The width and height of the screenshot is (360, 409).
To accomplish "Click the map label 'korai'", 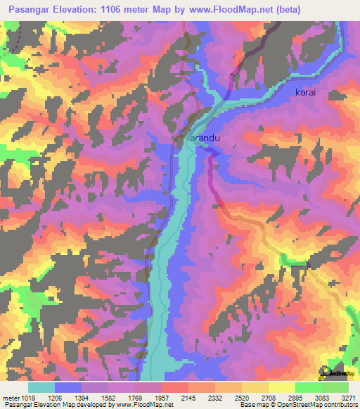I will point(307,92).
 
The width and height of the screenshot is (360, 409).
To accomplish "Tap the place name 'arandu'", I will point(205,138).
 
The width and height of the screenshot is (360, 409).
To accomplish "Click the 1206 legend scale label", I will point(67,397).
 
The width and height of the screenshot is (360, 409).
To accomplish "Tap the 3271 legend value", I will point(347,397).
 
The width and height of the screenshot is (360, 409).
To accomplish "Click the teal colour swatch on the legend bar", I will point(41,387).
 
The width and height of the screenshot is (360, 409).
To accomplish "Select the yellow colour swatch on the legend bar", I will point(281,387).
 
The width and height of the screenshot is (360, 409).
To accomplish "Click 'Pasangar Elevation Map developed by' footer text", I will point(49,405).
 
